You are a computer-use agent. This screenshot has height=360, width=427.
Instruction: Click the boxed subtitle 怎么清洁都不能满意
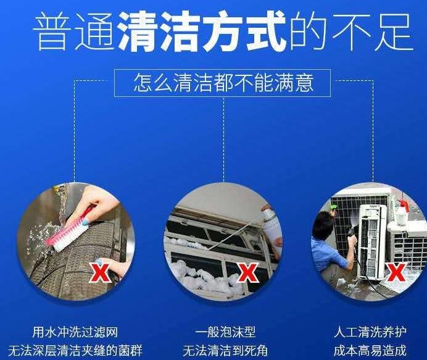click(x=223, y=83)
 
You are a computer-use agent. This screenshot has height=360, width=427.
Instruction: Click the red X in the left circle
click(x=100, y=270)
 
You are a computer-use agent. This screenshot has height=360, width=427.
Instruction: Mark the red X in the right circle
click(x=396, y=270)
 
